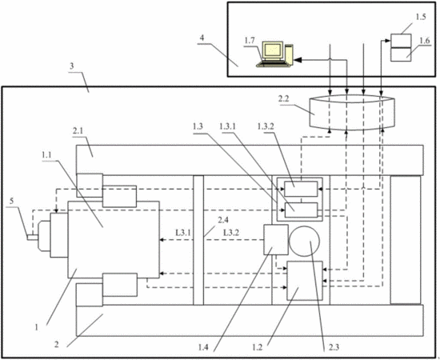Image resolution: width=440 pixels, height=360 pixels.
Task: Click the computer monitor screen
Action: (273, 50)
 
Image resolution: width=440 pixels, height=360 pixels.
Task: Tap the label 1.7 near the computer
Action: (250, 41)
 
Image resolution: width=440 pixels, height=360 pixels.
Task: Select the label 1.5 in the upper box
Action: (421, 17)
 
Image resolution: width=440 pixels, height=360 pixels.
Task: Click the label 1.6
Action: (425, 41)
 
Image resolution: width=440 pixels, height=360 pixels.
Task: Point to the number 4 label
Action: (202, 38)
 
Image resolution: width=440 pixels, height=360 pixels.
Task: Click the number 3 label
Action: (72, 66)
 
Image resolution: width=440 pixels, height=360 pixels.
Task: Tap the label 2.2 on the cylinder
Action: (283, 98)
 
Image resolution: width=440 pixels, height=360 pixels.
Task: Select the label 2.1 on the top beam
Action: (78, 131)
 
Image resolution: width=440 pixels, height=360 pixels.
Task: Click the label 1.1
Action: (47, 154)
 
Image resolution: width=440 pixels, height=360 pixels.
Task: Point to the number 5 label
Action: (11, 201)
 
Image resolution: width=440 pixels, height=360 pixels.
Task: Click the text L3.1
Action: (183, 232)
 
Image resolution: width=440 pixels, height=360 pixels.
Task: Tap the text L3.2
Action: (231, 232)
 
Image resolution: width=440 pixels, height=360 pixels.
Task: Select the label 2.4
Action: (223, 220)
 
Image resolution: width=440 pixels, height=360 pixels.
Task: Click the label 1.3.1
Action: (228, 126)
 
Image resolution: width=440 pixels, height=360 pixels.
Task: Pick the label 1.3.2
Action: (266, 126)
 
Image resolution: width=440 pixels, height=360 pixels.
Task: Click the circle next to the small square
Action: (304, 241)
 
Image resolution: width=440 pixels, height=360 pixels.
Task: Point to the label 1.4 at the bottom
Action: (203, 347)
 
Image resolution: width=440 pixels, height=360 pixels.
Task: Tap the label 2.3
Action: (334, 347)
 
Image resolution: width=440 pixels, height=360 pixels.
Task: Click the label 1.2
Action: (258, 347)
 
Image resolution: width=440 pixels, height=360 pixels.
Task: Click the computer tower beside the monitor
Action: (289, 54)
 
